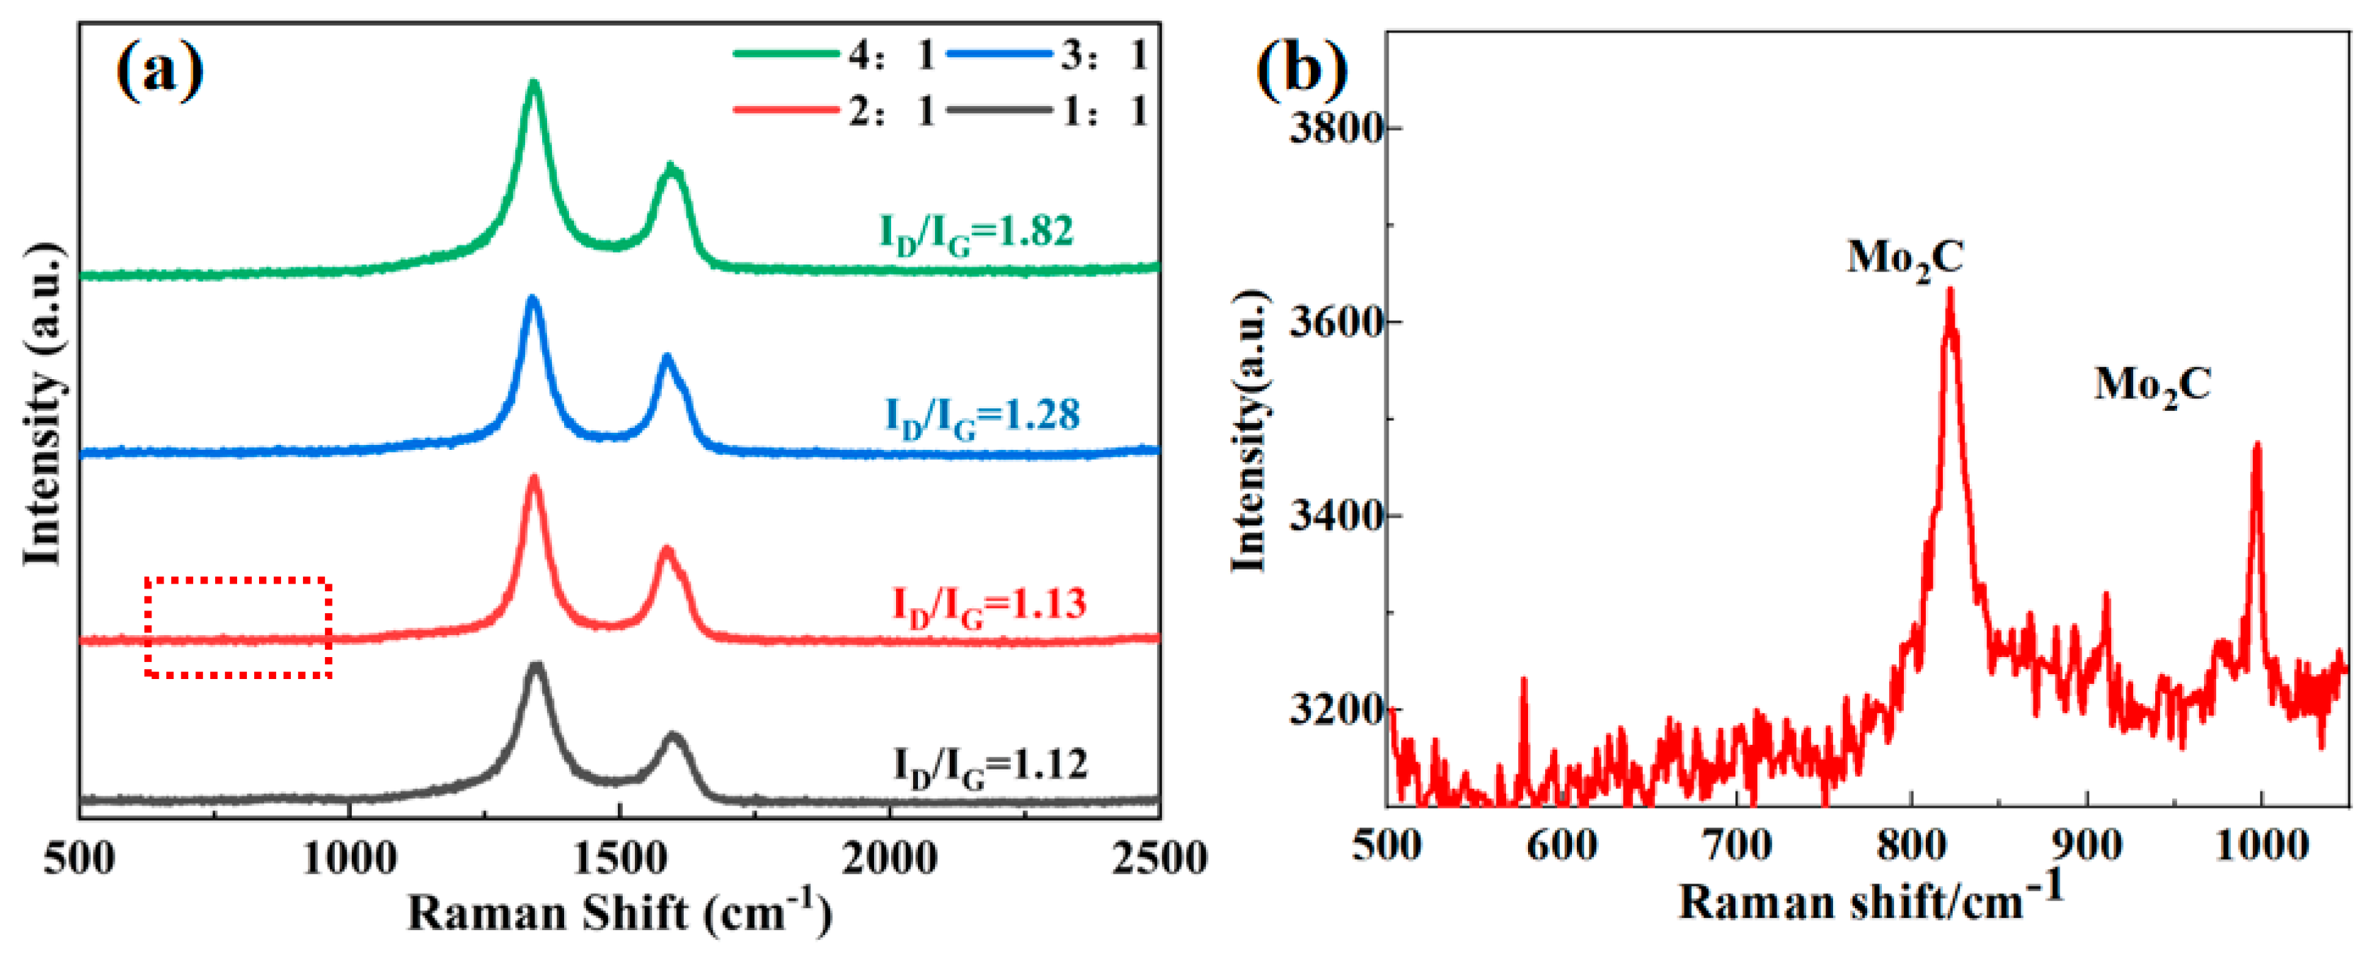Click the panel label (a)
159,71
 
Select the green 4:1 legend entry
834,55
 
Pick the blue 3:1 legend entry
1047,55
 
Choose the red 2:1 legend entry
834,111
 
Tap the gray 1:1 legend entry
1047,111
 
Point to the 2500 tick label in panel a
1159,859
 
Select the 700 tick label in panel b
1737,845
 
